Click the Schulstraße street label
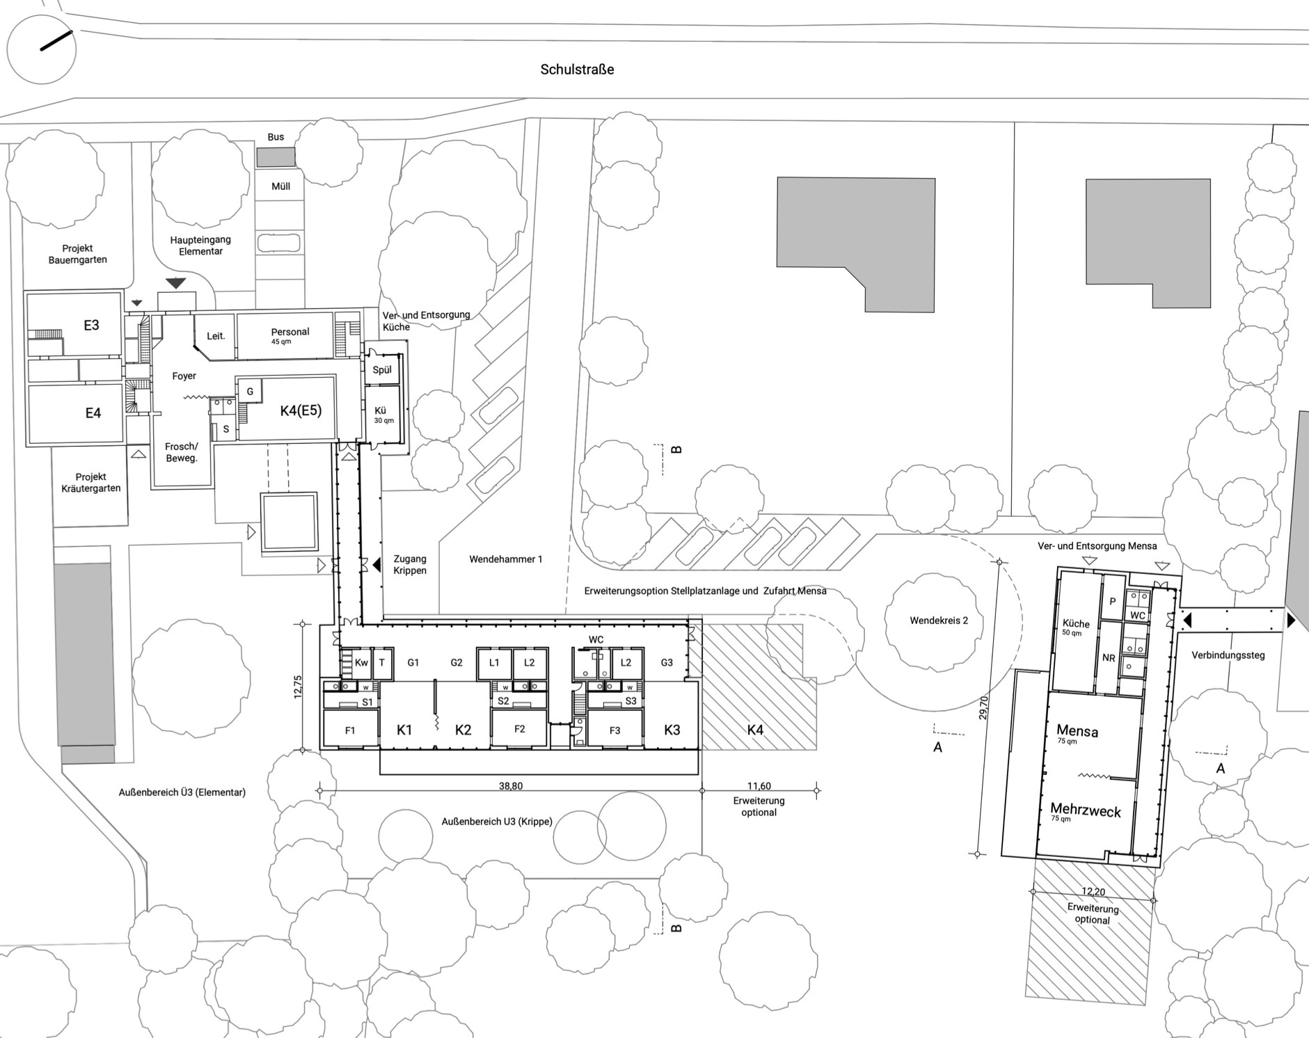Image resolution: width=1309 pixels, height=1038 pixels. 577,70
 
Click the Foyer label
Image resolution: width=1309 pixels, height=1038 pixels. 184,376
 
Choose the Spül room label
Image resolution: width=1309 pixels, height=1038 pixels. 382,370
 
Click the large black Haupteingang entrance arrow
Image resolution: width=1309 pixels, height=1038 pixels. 176,282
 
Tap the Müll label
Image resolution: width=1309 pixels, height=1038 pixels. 280,186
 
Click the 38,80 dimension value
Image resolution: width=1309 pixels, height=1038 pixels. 511,786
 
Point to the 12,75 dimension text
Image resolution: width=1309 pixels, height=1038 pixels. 298,687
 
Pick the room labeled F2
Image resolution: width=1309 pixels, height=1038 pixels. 520,729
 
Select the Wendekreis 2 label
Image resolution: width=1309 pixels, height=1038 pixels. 939,620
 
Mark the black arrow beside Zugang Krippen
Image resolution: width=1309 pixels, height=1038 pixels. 376,565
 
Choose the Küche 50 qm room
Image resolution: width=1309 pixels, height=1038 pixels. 1076,634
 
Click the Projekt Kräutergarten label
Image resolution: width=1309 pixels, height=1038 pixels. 90,482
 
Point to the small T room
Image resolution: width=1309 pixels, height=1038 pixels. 382,663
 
